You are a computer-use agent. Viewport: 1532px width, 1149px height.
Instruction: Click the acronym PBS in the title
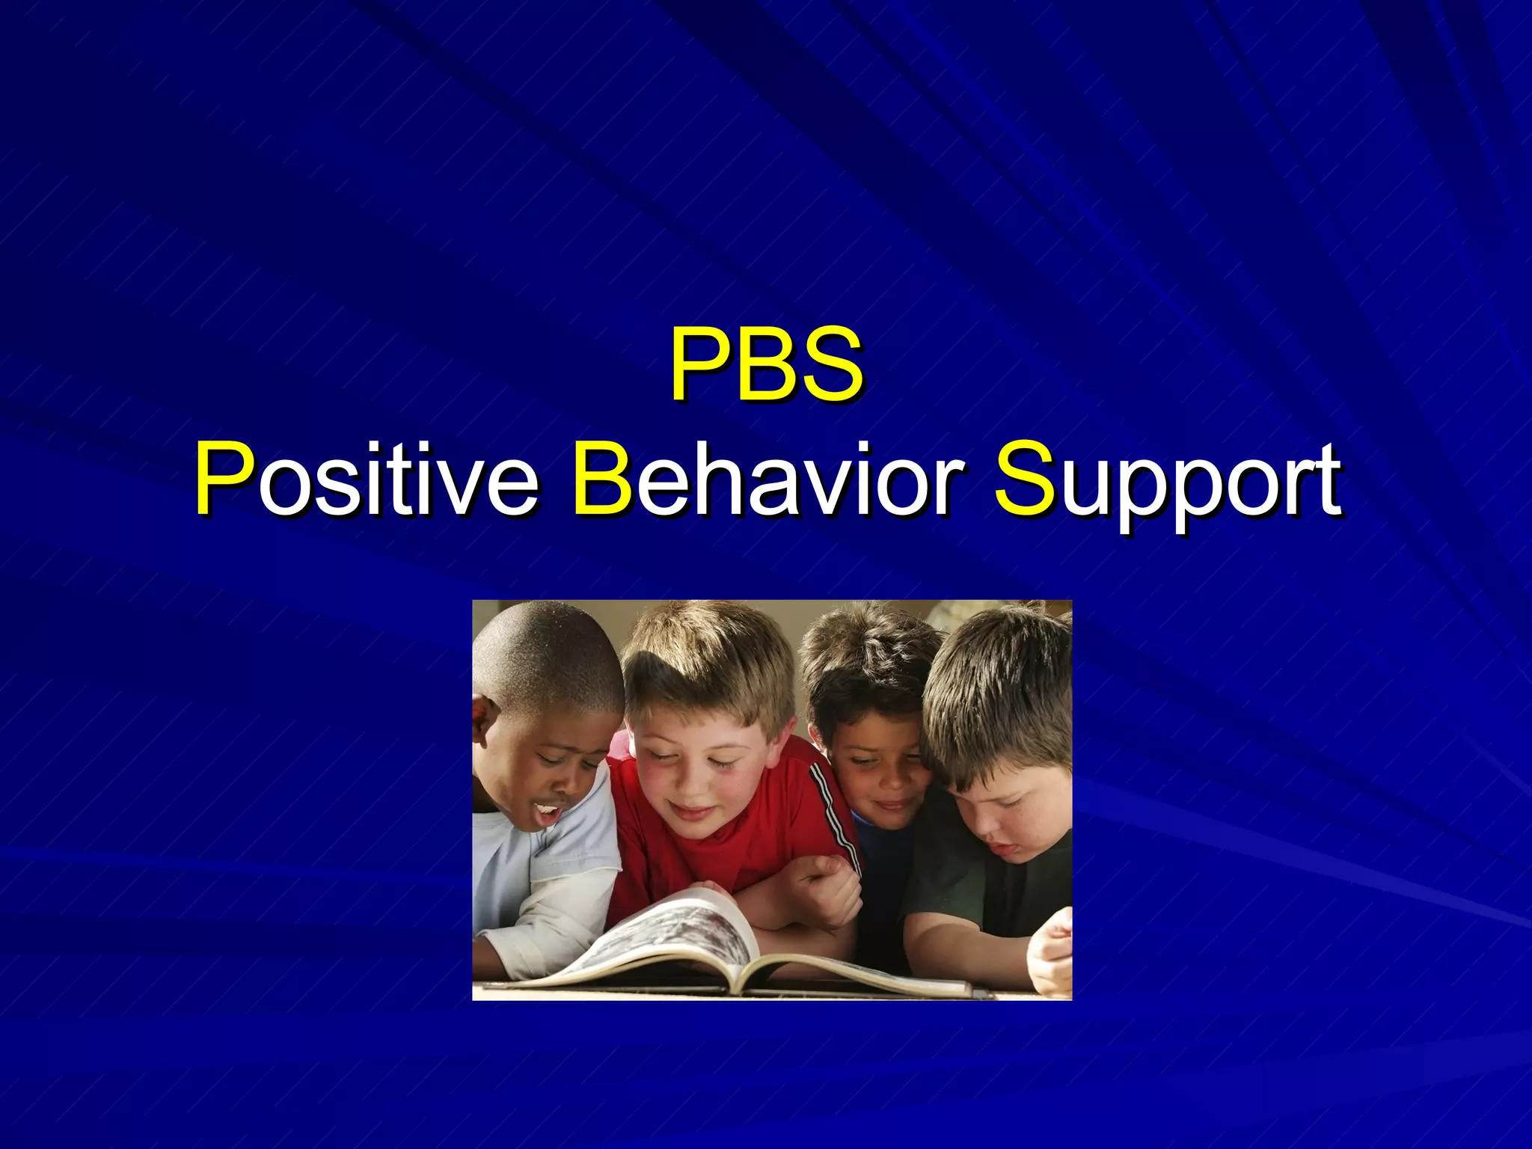click(766, 364)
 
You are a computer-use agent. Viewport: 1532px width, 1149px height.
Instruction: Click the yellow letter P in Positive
click(223, 479)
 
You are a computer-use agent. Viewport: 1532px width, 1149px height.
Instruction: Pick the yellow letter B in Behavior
click(603, 479)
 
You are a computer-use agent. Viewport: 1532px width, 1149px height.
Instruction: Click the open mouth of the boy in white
click(548, 812)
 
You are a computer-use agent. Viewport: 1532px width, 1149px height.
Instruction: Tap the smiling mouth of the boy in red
click(696, 812)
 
